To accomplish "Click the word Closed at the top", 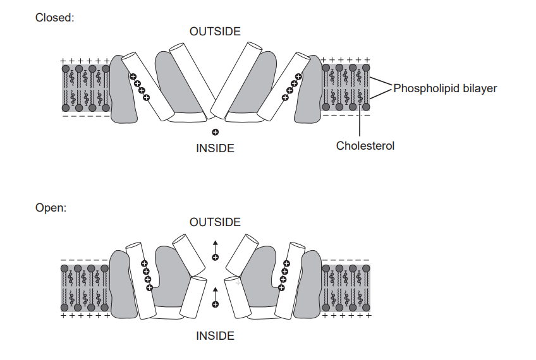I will pos(54,18).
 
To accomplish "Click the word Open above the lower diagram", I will pos(51,208).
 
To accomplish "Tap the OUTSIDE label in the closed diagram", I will pos(215,31).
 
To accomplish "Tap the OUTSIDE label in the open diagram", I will pos(215,222).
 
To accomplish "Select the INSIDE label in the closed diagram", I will pos(215,148).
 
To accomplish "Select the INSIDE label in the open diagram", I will pos(215,336).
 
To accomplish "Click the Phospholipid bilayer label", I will pos(445,88).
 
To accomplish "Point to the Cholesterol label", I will pos(365,146).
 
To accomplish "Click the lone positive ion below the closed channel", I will pos(215,133).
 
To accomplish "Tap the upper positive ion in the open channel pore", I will pos(215,257).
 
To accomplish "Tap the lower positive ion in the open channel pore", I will pos(215,304).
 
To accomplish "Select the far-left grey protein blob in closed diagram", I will pos(124,95).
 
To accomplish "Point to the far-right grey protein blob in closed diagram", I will pos(308,95).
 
